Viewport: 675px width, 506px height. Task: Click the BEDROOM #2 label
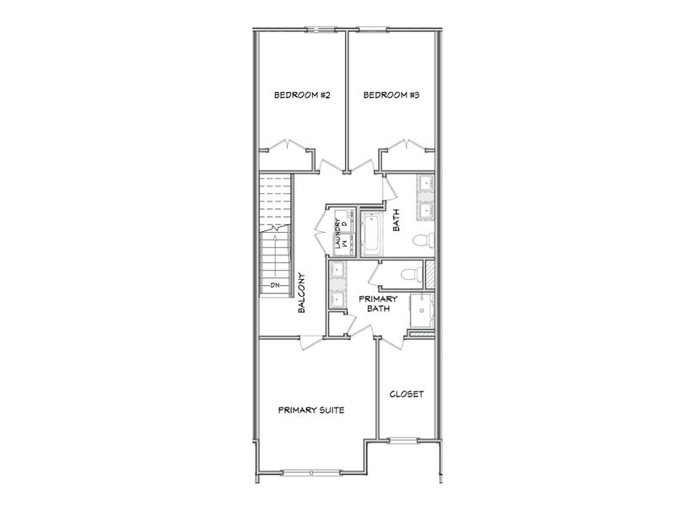pos(301,95)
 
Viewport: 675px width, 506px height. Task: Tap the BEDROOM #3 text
pos(391,95)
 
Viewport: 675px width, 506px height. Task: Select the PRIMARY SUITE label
pos(311,410)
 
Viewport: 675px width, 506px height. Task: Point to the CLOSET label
pos(407,394)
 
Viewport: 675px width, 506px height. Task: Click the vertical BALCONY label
pos(301,293)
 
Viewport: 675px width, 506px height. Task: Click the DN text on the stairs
pos(274,286)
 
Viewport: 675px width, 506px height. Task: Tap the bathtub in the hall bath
pos(371,233)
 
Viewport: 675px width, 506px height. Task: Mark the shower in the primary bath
pos(422,312)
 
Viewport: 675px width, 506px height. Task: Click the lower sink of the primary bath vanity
pos(337,297)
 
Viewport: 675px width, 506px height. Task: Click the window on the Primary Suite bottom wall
pos(310,471)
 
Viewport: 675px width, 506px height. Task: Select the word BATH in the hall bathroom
pos(396,221)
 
